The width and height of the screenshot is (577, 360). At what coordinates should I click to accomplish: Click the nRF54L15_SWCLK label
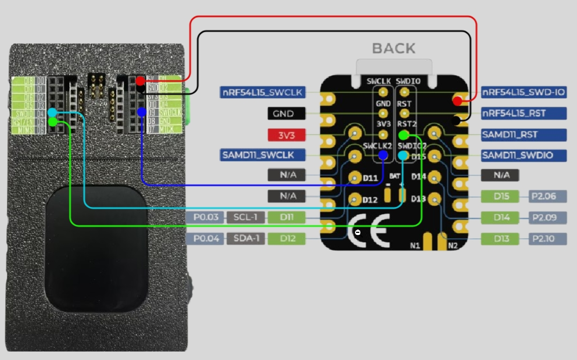262,92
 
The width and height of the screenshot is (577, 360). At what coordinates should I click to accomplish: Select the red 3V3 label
286,135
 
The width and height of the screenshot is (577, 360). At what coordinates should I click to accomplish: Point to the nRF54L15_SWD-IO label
523,92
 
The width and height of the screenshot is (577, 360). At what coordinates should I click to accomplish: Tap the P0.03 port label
206,217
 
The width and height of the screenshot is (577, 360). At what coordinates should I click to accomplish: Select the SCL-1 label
246,217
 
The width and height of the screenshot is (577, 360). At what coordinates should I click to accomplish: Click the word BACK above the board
394,49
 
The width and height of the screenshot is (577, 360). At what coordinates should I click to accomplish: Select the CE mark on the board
369,231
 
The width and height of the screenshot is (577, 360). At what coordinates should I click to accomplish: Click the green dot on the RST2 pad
403,135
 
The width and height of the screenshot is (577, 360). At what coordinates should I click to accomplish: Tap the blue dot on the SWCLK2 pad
383,155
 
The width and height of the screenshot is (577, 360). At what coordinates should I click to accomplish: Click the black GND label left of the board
286,114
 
